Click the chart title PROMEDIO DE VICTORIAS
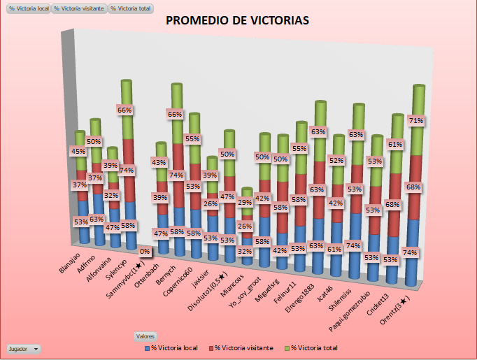click(237, 20)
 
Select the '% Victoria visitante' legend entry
click(241, 347)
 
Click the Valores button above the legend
click(145, 336)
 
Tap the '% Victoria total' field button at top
click(132, 9)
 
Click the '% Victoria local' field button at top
click(29, 9)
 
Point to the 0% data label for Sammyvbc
click(145, 251)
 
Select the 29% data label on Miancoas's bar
click(244, 203)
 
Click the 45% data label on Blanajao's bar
click(78, 152)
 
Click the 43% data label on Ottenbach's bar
click(159, 163)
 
